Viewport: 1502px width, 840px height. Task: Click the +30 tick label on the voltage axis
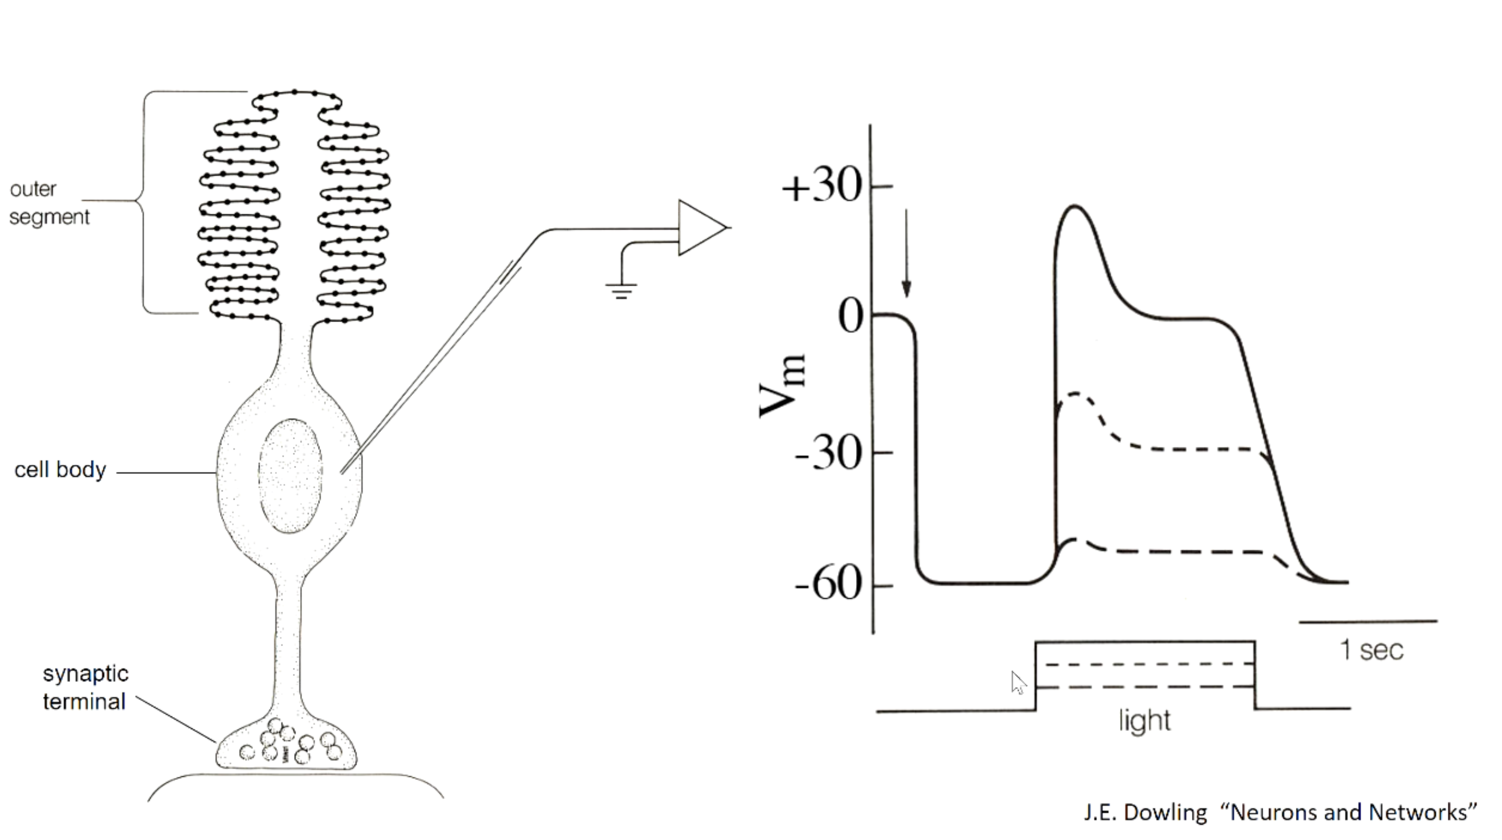coord(822,188)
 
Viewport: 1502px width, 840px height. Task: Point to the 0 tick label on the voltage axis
coord(851,317)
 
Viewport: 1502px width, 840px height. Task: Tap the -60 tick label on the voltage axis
coord(829,584)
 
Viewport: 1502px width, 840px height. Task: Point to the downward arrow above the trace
coord(906,253)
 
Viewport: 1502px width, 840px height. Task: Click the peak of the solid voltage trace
coord(1074,206)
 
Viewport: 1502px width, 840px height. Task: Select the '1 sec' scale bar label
coord(1372,650)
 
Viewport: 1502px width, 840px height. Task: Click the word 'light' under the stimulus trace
coord(1145,721)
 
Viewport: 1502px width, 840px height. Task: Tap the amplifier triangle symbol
coord(703,228)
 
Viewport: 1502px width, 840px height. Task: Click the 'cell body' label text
coord(60,470)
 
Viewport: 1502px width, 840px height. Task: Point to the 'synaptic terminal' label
coord(85,687)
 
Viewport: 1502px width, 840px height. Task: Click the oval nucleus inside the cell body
coord(290,476)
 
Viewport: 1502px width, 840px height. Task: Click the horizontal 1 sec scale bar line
coord(1368,622)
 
